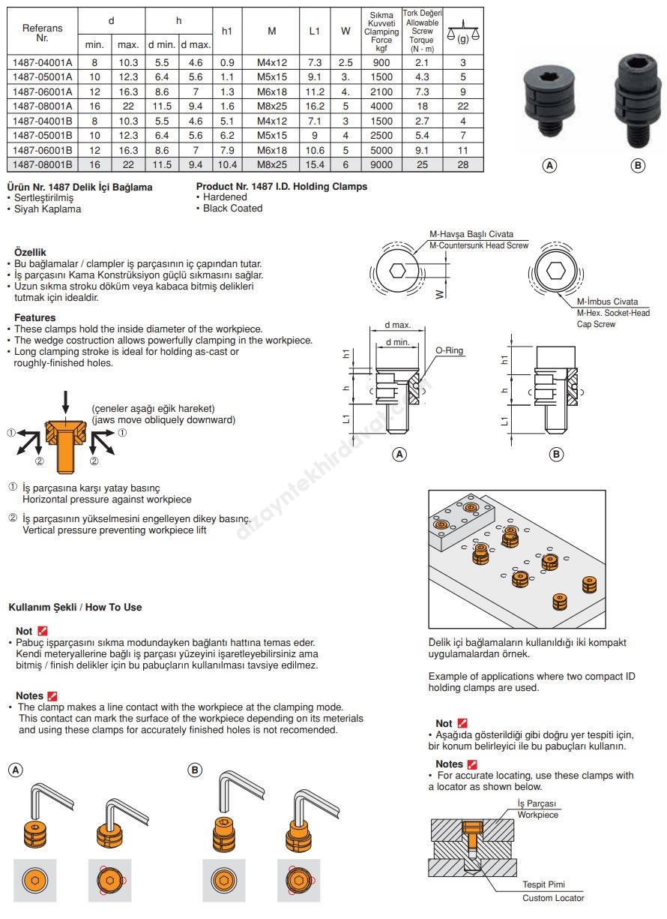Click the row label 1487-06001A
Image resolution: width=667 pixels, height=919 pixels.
pos(42,92)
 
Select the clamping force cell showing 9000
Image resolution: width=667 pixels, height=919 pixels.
pos(381,164)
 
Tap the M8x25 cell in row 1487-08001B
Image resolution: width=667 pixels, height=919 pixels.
pos(271,164)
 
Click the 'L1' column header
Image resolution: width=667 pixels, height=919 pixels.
pos(315,32)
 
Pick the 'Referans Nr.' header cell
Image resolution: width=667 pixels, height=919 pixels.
pos(42,32)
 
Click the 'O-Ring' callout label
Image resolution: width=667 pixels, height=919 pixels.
pos(449,350)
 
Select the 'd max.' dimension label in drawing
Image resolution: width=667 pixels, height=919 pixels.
pos(397,325)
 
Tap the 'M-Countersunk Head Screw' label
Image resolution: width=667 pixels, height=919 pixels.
pos(478,245)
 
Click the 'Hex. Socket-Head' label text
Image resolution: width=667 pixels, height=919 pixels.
pos(613,313)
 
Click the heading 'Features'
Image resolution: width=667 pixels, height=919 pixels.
pos(35,318)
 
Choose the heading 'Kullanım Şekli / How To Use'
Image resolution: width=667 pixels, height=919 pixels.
pos(75,607)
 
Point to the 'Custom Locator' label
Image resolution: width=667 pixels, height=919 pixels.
pos(553,898)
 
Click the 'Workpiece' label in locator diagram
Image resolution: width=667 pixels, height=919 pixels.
pos(537,815)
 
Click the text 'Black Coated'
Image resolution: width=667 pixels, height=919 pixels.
pos(233,209)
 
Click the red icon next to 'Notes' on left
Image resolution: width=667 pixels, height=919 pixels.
pos(52,696)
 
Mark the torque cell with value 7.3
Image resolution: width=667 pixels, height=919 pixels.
pos(422,92)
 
